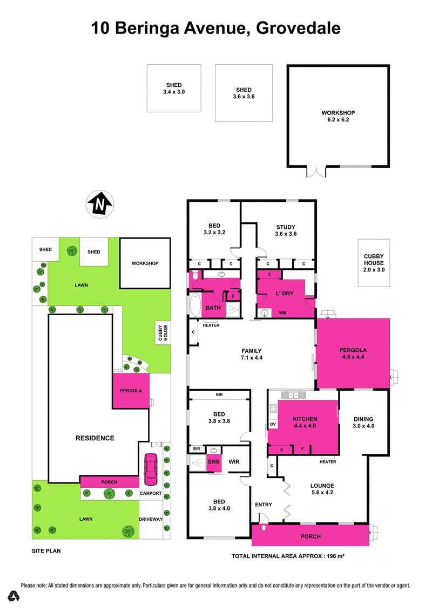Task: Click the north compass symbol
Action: coord(100,205)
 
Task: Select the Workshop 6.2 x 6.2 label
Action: coord(338,116)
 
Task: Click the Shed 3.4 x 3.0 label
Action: coord(173,88)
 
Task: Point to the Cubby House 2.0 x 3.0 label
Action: coord(373,263)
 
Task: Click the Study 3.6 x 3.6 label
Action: coord(285,230)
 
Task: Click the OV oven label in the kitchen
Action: coord(273,424)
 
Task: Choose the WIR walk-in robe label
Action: coord(234,461)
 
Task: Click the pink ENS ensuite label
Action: coord(214,462)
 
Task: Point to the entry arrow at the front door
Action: coord(263,517)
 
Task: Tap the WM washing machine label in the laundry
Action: coord(282,313)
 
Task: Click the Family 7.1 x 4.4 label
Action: coord(252,353)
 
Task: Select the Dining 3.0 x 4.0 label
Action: coord(363,423)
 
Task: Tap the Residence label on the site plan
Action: coord(94,438)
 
